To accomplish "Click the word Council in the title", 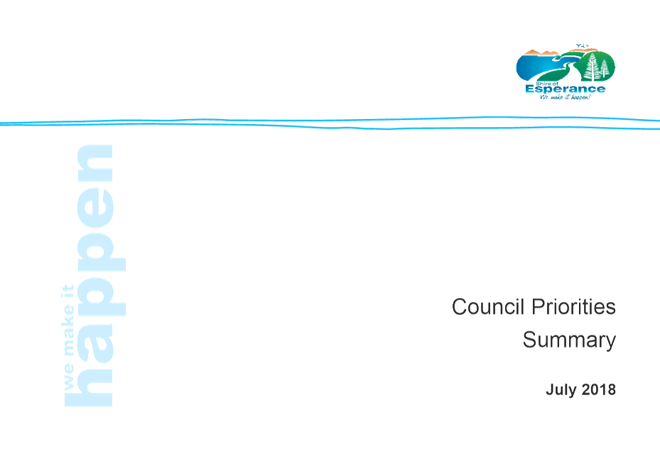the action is pos(488,306).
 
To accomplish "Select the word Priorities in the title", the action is pos(574,306).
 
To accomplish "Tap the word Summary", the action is pos(569,340).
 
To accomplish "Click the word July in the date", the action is pos(561,390).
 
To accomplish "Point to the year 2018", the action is pos(598,389).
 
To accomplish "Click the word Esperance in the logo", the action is pos(566,89).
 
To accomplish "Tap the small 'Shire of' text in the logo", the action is pos(547,84).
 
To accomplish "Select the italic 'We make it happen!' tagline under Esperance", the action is pos(566,97).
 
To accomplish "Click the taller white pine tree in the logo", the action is pos(593,67).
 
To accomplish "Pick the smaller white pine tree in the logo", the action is pos(605,69).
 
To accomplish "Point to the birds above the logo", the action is pos(582,45).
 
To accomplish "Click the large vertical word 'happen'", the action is pos(95,275).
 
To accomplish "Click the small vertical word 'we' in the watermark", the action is pos(68,377).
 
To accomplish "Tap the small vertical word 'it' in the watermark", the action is pos(67,292).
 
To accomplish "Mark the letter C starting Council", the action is pos(460,306).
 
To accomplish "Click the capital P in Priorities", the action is pos(539,306).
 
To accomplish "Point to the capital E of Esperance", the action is pos(530,89).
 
